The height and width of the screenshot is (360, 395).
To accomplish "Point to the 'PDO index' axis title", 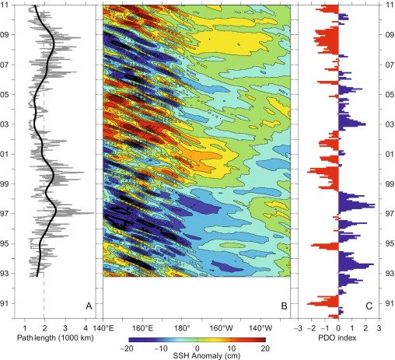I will point(339,339).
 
